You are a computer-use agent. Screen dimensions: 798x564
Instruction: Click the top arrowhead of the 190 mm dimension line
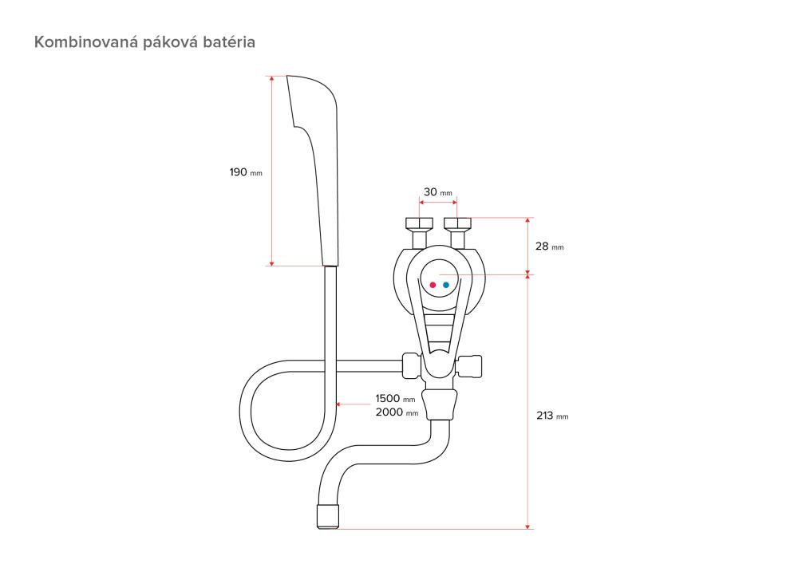pos(272,78)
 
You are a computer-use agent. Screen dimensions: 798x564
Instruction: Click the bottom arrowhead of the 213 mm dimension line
pos(527,526)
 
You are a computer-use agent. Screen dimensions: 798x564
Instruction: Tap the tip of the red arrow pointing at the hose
pos(338,404)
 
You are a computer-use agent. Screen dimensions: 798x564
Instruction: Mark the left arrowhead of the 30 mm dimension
pos(421,202)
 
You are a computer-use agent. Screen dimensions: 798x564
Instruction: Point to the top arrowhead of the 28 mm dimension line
pos(527,220)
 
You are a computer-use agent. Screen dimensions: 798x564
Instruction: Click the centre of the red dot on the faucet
pos(433,285)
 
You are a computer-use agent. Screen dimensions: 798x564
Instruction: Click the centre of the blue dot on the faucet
pos(446,285)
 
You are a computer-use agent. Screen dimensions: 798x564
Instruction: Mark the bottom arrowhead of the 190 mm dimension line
pos(272,263)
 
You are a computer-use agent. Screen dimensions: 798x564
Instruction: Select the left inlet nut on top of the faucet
pos(420,223)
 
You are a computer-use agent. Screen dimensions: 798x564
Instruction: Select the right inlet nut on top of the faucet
pos(457,223)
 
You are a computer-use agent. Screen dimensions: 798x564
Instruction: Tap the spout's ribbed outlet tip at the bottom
pos(328,516)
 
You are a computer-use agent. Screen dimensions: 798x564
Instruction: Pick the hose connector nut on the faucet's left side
pos(411,365)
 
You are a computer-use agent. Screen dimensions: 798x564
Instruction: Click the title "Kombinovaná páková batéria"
pos(144,41)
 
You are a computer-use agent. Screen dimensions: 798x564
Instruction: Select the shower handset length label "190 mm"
pos(246,172)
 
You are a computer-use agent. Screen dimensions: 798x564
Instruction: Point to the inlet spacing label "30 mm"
pos(437,191)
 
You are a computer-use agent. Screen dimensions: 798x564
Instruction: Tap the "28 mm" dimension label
pos(550,247)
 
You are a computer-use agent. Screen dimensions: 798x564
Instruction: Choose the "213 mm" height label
pos(552,416)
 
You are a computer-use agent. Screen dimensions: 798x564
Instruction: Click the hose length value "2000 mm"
pos(397,412)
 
